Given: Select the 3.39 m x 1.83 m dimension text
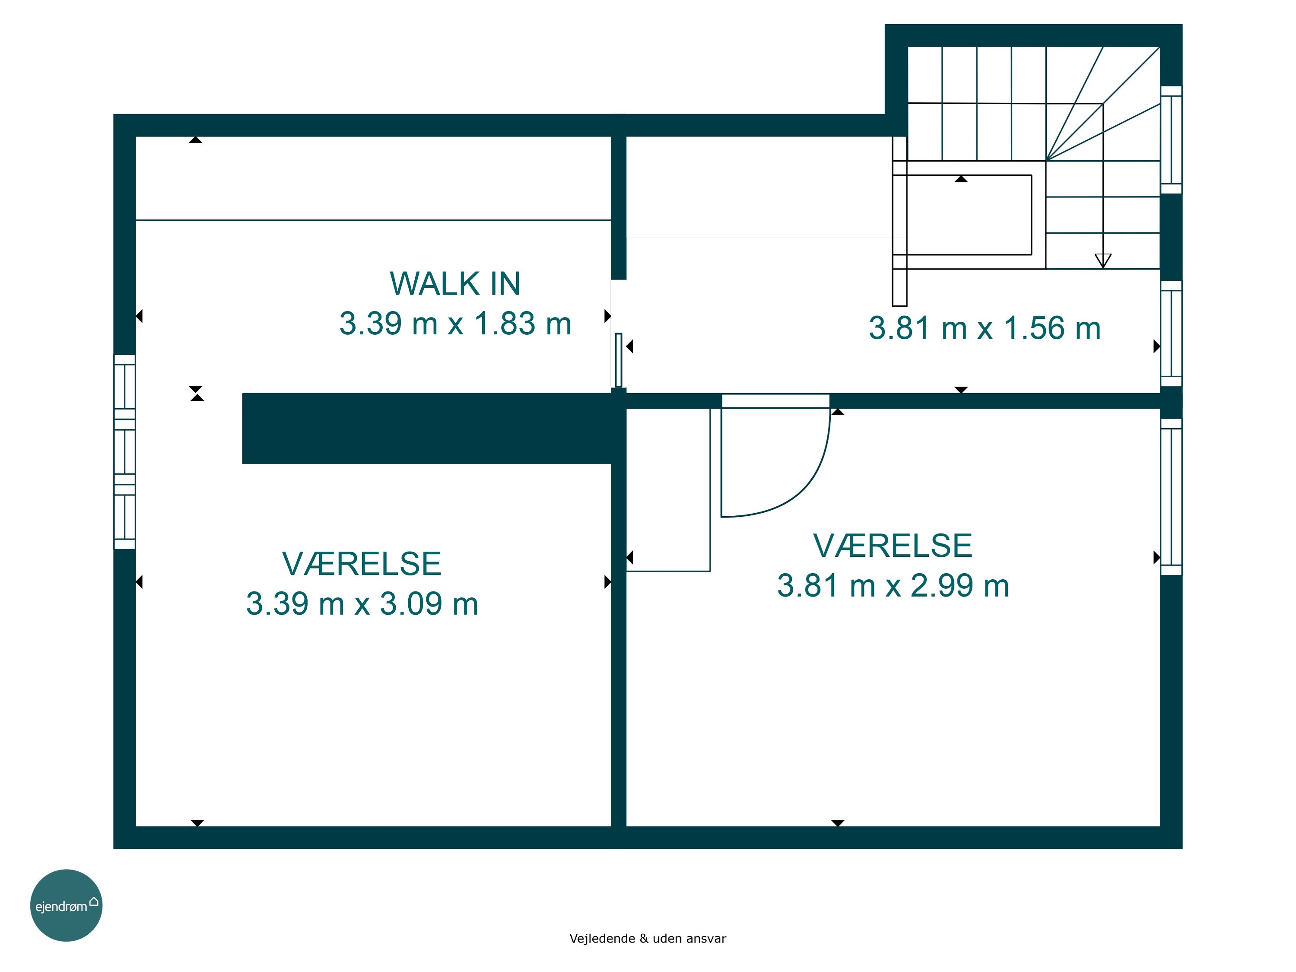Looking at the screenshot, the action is pos(455,324).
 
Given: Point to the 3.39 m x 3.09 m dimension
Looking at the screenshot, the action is pos(362,604).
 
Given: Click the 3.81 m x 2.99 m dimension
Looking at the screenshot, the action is pos(893,585).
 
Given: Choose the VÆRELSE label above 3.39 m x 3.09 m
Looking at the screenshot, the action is pos(362,564).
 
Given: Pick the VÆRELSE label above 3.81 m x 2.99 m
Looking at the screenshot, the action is pos(893,546).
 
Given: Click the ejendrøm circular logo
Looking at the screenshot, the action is pos(66,905).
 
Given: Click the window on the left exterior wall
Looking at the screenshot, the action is pos(124,452).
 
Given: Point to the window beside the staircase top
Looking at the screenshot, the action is pos(1171,140).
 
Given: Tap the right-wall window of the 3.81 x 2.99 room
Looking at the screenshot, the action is pos(1171,497).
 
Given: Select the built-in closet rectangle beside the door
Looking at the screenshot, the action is pos(668,490).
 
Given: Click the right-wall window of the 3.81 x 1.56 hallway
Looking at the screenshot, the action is pos(1171,334).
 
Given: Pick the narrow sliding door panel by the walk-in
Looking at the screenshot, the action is pos(618,360).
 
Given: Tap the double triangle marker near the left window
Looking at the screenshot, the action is pos(197,393).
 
